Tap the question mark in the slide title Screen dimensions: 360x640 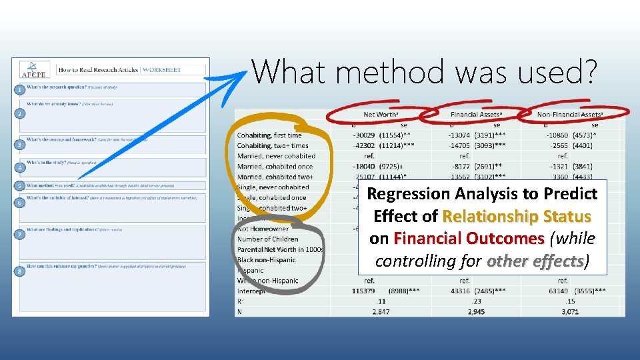click(x=585, y=71)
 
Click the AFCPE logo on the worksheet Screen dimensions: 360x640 click(x=31, y=69)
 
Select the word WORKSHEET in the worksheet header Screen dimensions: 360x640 click(x=161, y=69)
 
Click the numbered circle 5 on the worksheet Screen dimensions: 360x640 click(x=21, y=185)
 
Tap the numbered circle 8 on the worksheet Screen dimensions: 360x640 click(x=21, y=271)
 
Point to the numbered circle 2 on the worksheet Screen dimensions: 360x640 click(x=21, y=114)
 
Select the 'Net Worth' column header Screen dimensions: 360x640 click(x=381, y=115)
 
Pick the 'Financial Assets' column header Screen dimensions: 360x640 click(x=476, y=115)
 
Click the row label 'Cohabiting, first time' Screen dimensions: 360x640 click(x=269, y=135)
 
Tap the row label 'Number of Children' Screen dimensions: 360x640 click(x=268, y=239)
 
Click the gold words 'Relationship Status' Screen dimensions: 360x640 click(x=516, y=217)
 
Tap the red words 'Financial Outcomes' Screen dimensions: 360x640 click(x=469, y=239)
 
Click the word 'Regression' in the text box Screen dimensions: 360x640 click(x=408, y=194)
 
